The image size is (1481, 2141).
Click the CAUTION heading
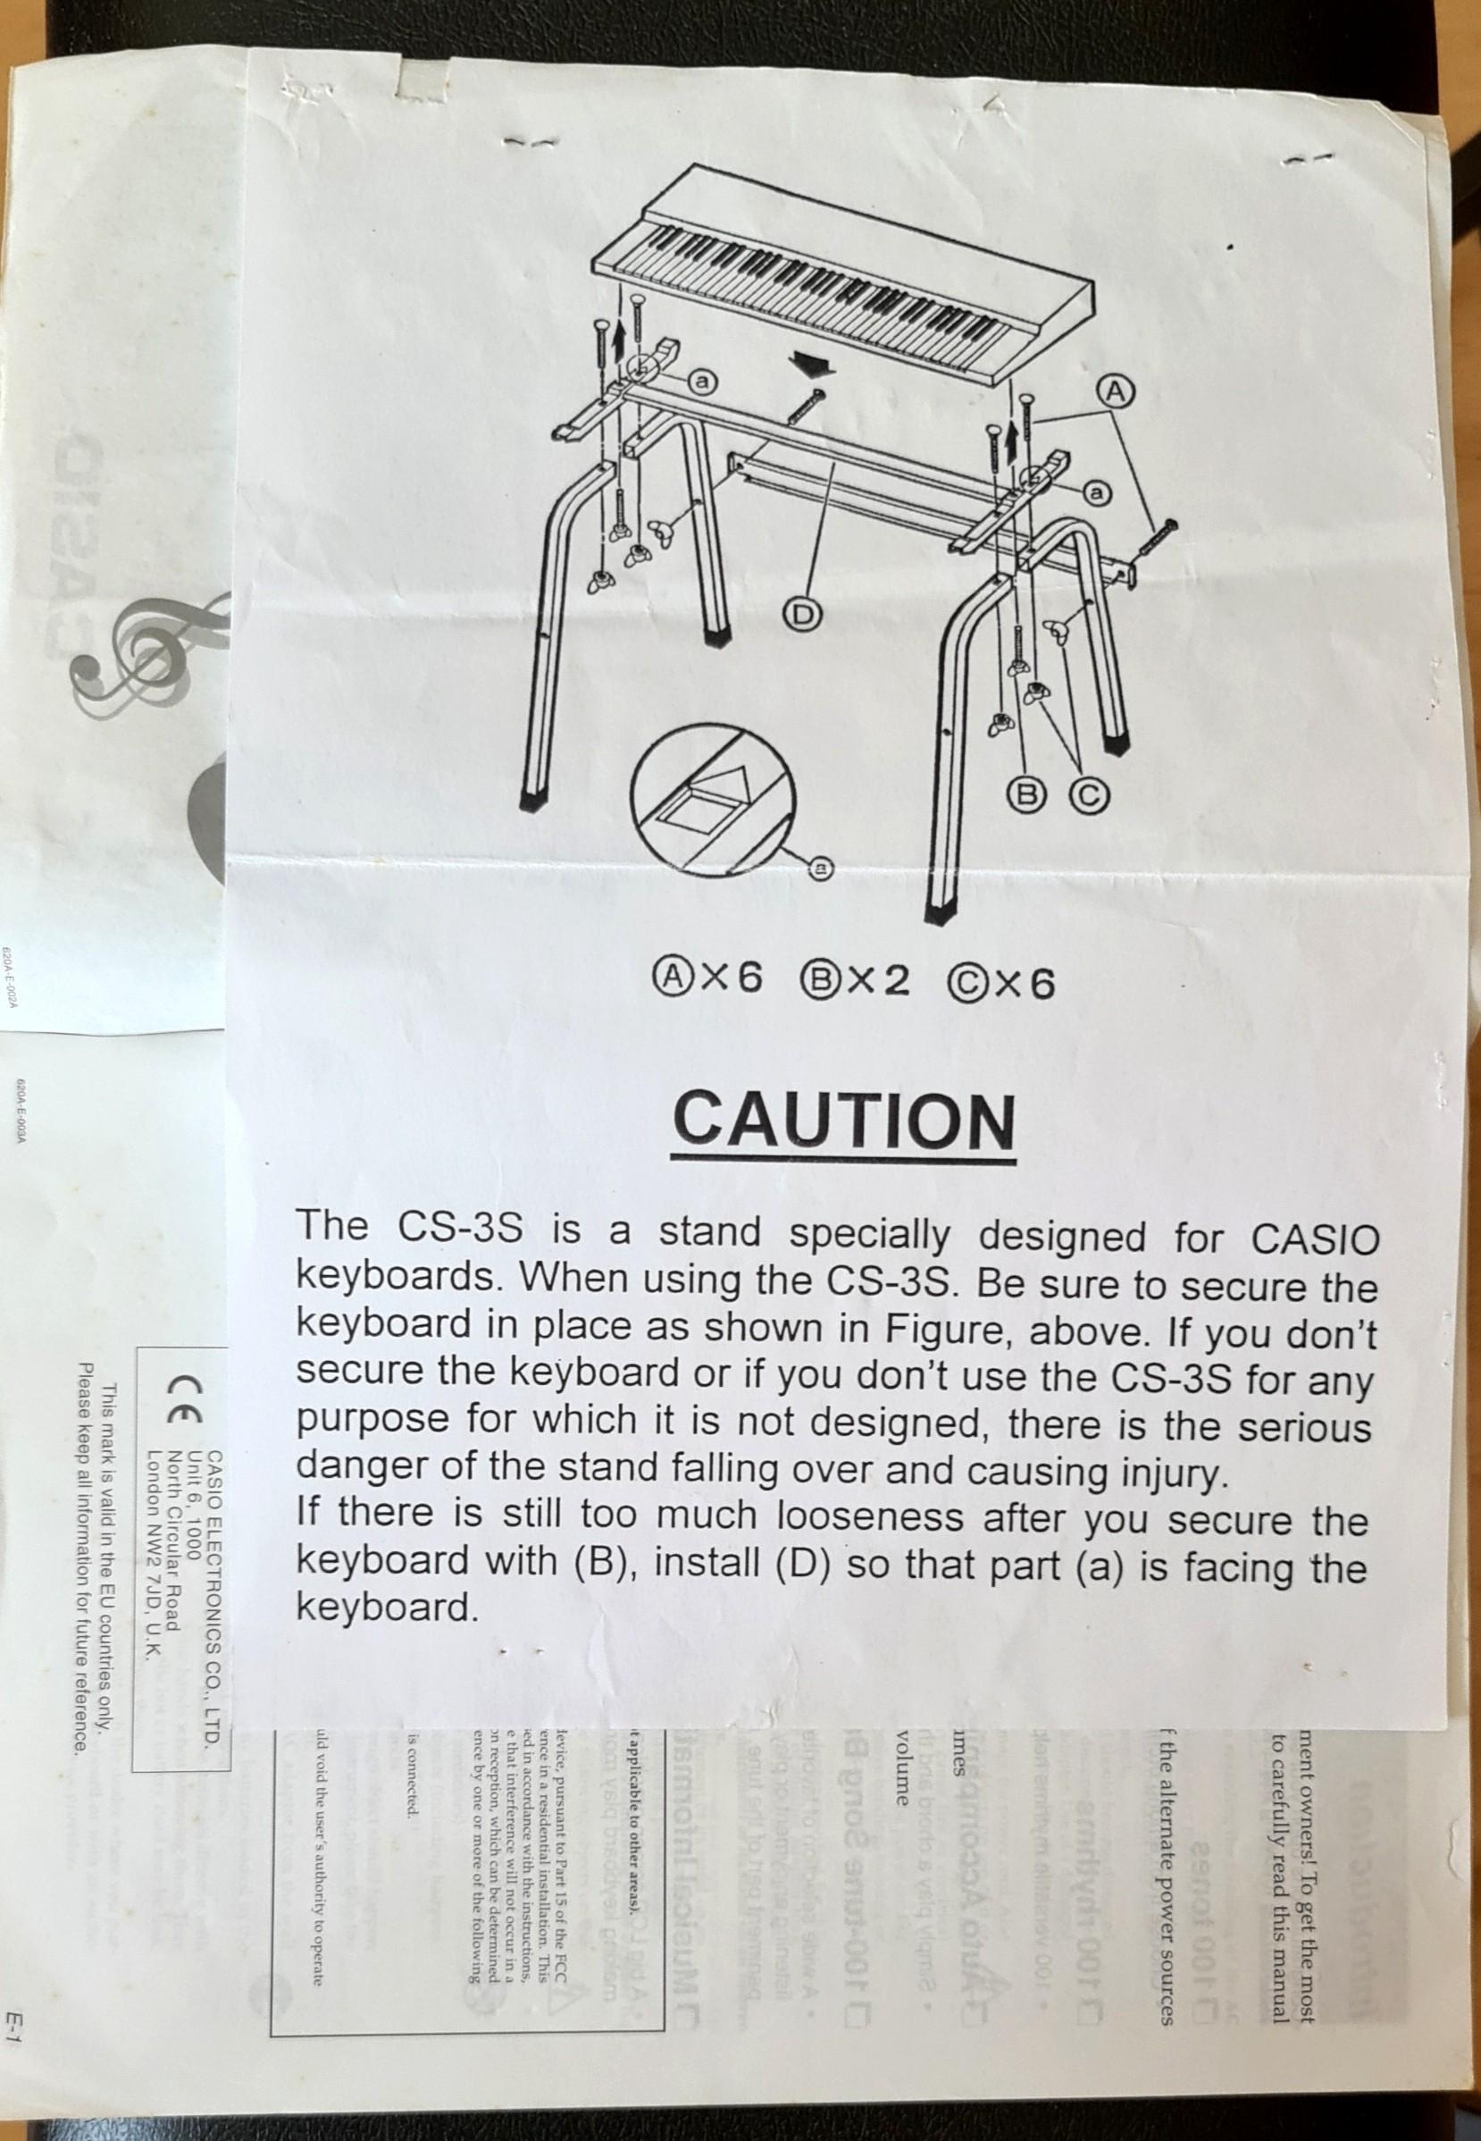(842, 1122)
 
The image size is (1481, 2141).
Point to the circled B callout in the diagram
(1026, 792)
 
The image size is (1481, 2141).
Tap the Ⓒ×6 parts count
(1000, 981)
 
